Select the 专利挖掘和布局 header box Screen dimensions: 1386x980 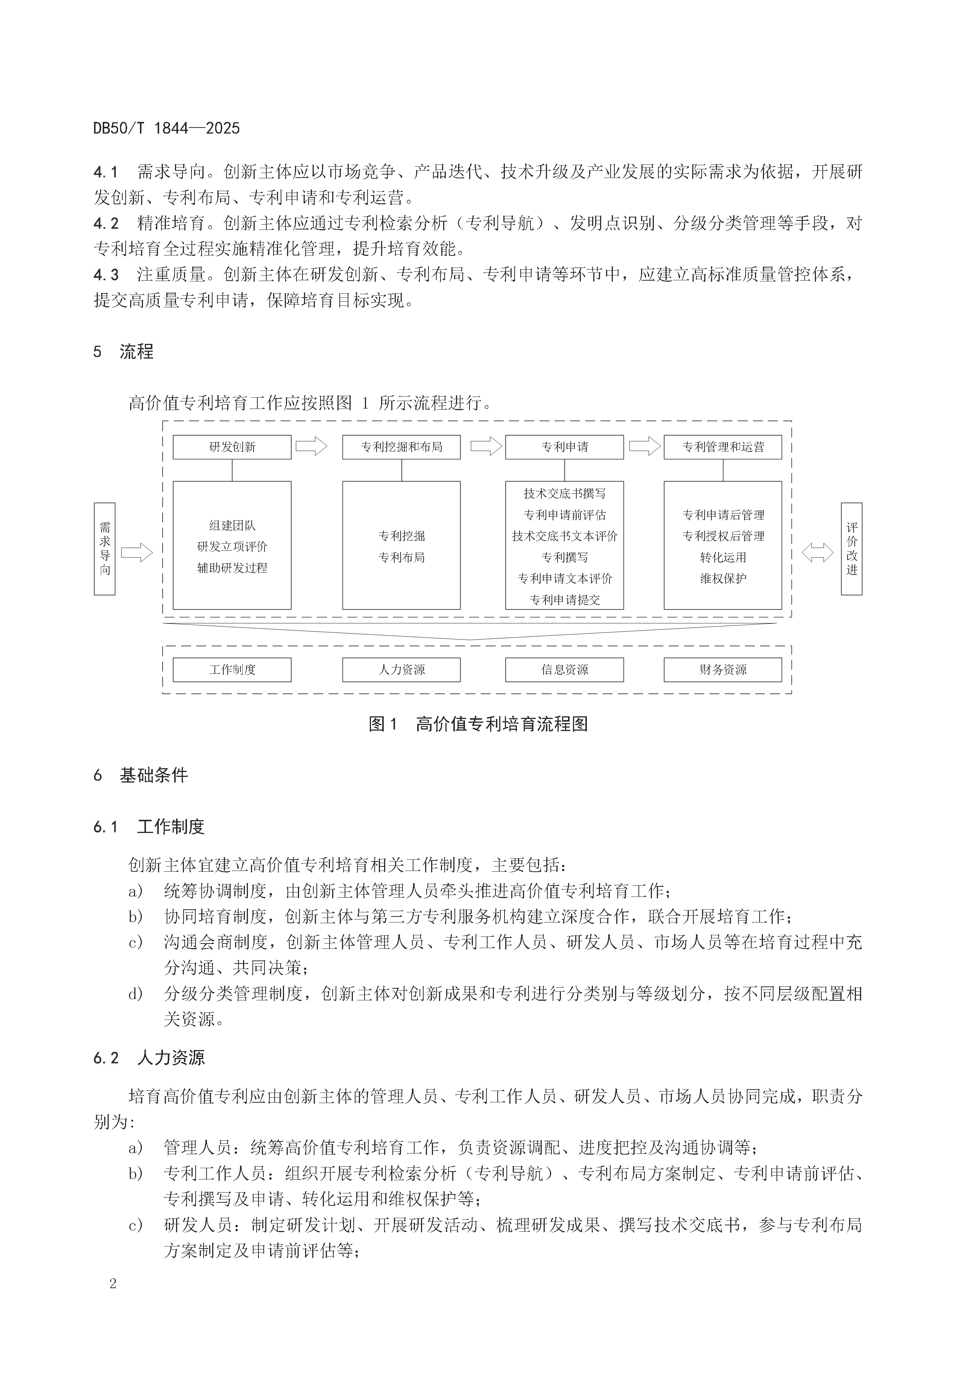pyautogui.click(x=401, y=447)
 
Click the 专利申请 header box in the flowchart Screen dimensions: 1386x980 pyautogui.click(x=564, y=447)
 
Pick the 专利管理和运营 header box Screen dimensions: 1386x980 pyautogui.click(x=723, y=447)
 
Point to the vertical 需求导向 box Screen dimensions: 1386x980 pyautogui.click(x=105, y=549)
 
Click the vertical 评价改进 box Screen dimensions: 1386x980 pyautogui.click(x=851, y=549)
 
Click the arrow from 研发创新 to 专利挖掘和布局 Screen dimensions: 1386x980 pyautogui.click(x=311, y=447)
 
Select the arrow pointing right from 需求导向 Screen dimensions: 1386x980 pyautogui.click(x=137, y=552)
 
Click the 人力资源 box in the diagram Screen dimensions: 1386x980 pyautogui.click(x=401, y=669)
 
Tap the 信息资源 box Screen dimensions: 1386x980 pyautogui.click(x=564, y=669)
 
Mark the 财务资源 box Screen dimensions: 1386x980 pyautogui.click(x=723, y=669)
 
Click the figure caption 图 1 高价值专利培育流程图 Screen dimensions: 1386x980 pyautogui.click(x=478, y=724)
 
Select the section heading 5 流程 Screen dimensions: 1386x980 pyautogui.click(x=124, y=351)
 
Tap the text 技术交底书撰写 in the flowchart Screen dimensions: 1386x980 pyautogui.click(x=564, y=494)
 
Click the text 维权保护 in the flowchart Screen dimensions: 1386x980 pyautogui.click(x=723, y=578)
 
